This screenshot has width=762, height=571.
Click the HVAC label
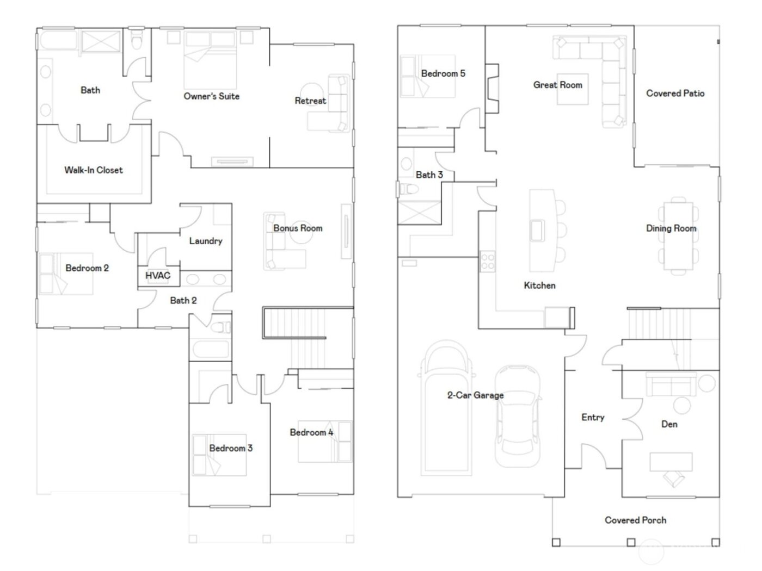(157, 276)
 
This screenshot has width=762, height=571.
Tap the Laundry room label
(205, 241)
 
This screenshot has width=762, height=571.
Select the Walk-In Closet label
(94, 170)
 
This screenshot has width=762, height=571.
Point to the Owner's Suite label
(211, 96)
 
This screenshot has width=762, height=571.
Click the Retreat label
(310, 101)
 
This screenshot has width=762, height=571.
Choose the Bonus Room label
(298, 228)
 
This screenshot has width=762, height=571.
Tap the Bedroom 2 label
(87, 268)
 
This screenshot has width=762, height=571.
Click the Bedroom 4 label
(311, 432)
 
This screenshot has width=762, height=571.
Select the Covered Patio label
(675, 94)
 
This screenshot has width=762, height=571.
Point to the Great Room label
(557, 85)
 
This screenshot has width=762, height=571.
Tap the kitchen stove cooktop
(487, 262)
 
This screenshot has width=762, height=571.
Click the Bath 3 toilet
(408, 189)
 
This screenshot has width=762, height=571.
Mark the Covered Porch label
(635, 520)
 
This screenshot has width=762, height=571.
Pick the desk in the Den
(671, 461)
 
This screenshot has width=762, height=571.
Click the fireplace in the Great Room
(492, 89)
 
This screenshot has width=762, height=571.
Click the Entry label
(593, 418)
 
